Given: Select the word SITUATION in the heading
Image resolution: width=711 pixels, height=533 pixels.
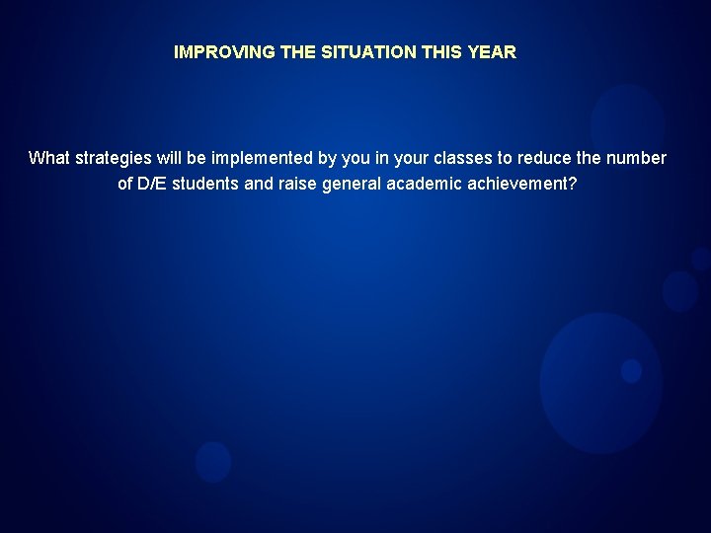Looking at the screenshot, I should pos(362,52).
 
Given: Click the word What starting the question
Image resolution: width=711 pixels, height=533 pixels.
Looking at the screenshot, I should pos(49,158).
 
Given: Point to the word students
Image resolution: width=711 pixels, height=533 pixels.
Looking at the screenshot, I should pos(206,183).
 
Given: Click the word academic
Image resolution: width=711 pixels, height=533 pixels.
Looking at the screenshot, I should pos(424,183).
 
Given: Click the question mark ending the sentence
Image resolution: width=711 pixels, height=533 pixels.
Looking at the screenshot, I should pos(573,183).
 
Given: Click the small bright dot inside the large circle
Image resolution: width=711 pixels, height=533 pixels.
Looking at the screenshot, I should pos(631,371).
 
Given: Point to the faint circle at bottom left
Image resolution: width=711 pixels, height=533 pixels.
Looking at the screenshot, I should pos(213,462).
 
